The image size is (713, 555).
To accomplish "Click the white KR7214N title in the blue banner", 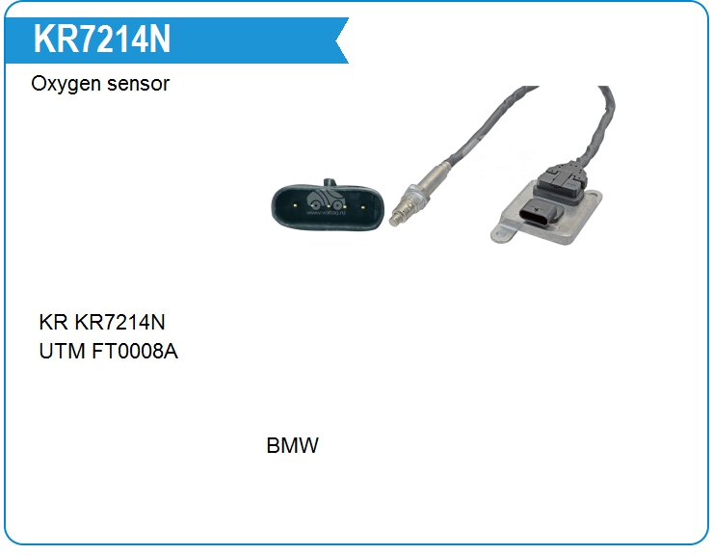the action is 102,40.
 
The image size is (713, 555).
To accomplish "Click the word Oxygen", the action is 66,85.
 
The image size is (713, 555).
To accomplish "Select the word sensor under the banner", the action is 138,84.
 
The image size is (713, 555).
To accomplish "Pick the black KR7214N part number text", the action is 119,322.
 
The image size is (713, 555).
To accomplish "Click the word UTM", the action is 62,351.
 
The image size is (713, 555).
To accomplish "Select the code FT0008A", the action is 135,351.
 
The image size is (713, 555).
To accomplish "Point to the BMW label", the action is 292,445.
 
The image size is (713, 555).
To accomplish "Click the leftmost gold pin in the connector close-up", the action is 295,205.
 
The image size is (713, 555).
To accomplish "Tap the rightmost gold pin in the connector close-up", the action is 363,207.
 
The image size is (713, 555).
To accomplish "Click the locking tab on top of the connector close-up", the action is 330,182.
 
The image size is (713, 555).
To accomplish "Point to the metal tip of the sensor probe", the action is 396,221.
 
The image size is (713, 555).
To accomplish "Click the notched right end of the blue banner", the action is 342,40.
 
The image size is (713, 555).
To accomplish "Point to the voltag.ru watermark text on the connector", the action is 327,212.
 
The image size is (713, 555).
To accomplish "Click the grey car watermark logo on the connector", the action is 326,199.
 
